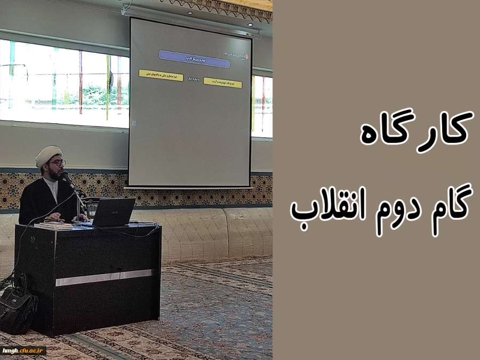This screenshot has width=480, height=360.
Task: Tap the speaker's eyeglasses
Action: (55, 163)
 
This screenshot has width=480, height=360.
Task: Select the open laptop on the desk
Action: (113, 212)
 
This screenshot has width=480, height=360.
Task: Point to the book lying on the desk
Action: (53, 225)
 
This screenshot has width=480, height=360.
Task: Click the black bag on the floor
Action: (18, 306)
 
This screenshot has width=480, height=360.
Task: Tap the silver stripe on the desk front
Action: (104, 277)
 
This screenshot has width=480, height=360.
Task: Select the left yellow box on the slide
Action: (161, 75)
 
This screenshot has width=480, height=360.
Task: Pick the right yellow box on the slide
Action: (222, 83)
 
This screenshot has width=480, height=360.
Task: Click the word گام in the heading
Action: (446, 206)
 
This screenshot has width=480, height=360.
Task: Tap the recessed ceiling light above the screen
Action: (250, 25)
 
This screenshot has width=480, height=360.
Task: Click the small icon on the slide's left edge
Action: (133, 123)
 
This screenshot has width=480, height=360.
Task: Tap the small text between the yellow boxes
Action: (193, 79)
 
